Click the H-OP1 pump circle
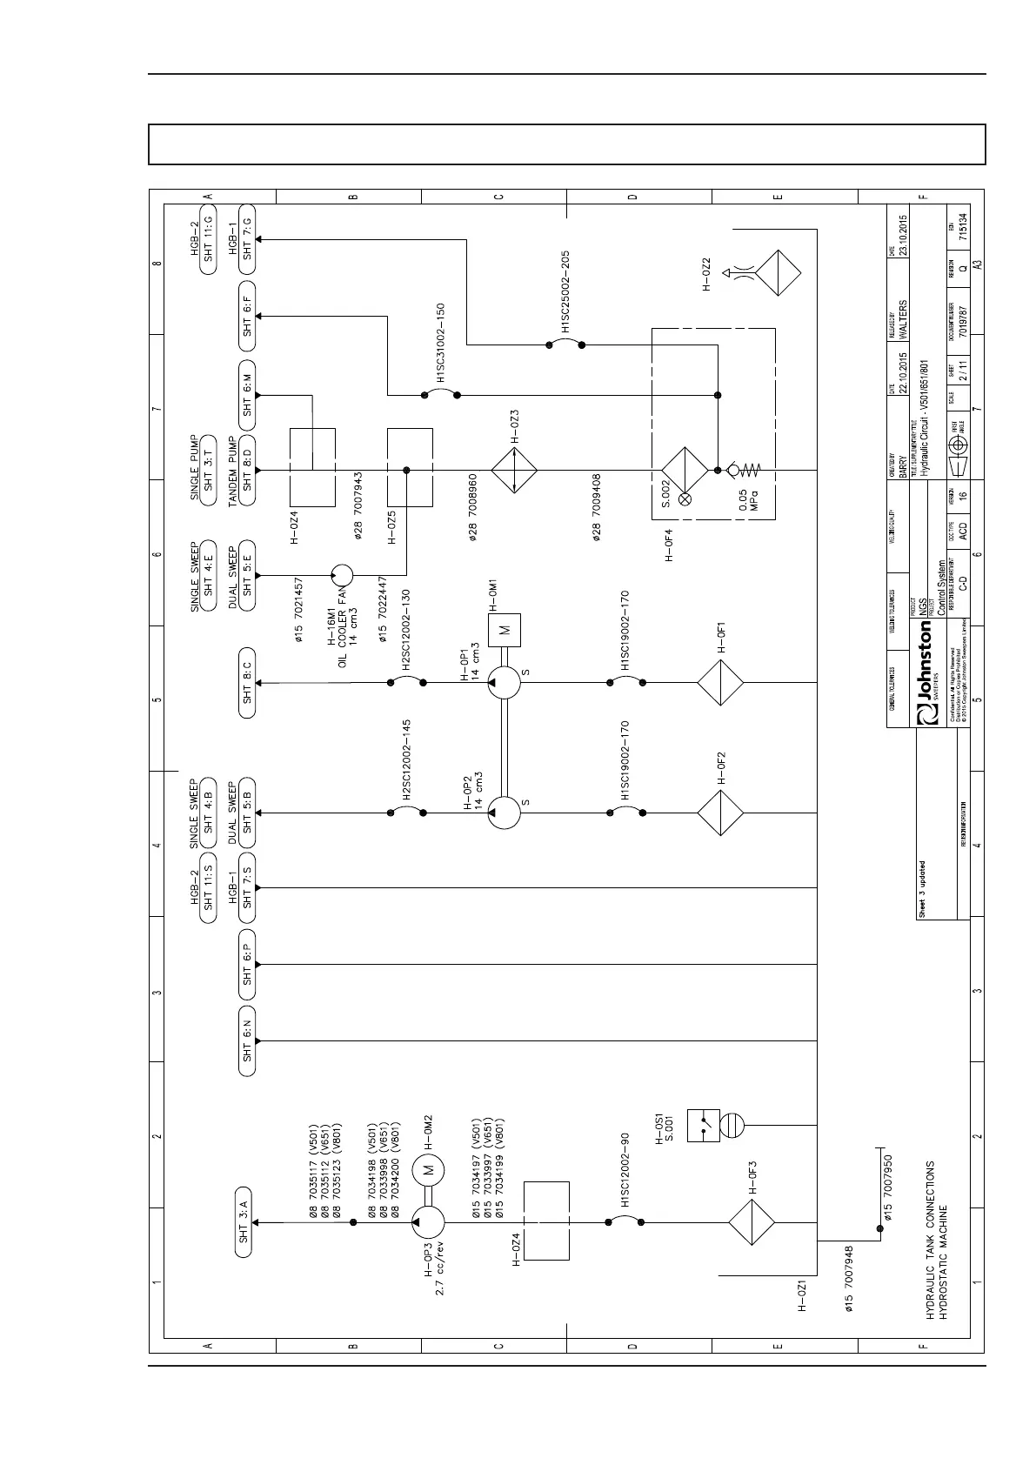point(504,683)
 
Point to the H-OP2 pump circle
point(504,812)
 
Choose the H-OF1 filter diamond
point(720,683)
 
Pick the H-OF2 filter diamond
point(720,812)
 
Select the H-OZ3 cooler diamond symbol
point(515,470)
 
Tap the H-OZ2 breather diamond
point(778,274)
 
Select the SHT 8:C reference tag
point(247,683)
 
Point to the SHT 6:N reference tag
point(247,1040)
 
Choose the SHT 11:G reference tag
point(208,240)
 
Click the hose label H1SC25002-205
point(565,292)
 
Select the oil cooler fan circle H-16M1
point(341,574)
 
